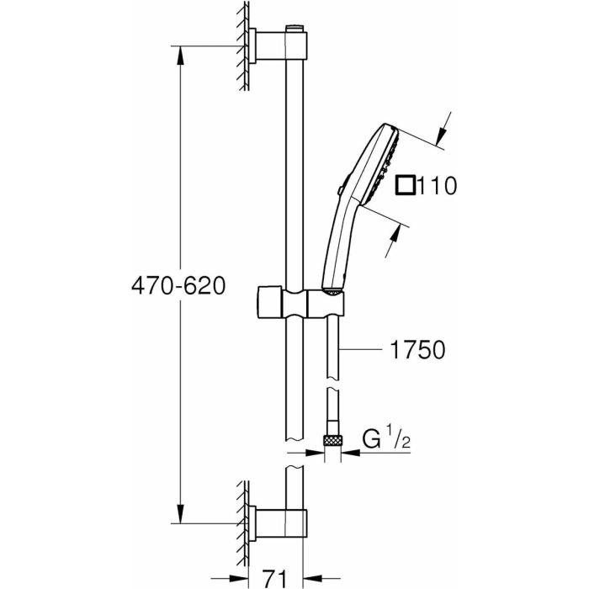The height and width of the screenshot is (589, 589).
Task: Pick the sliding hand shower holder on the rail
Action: click(x=299, y=301)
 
